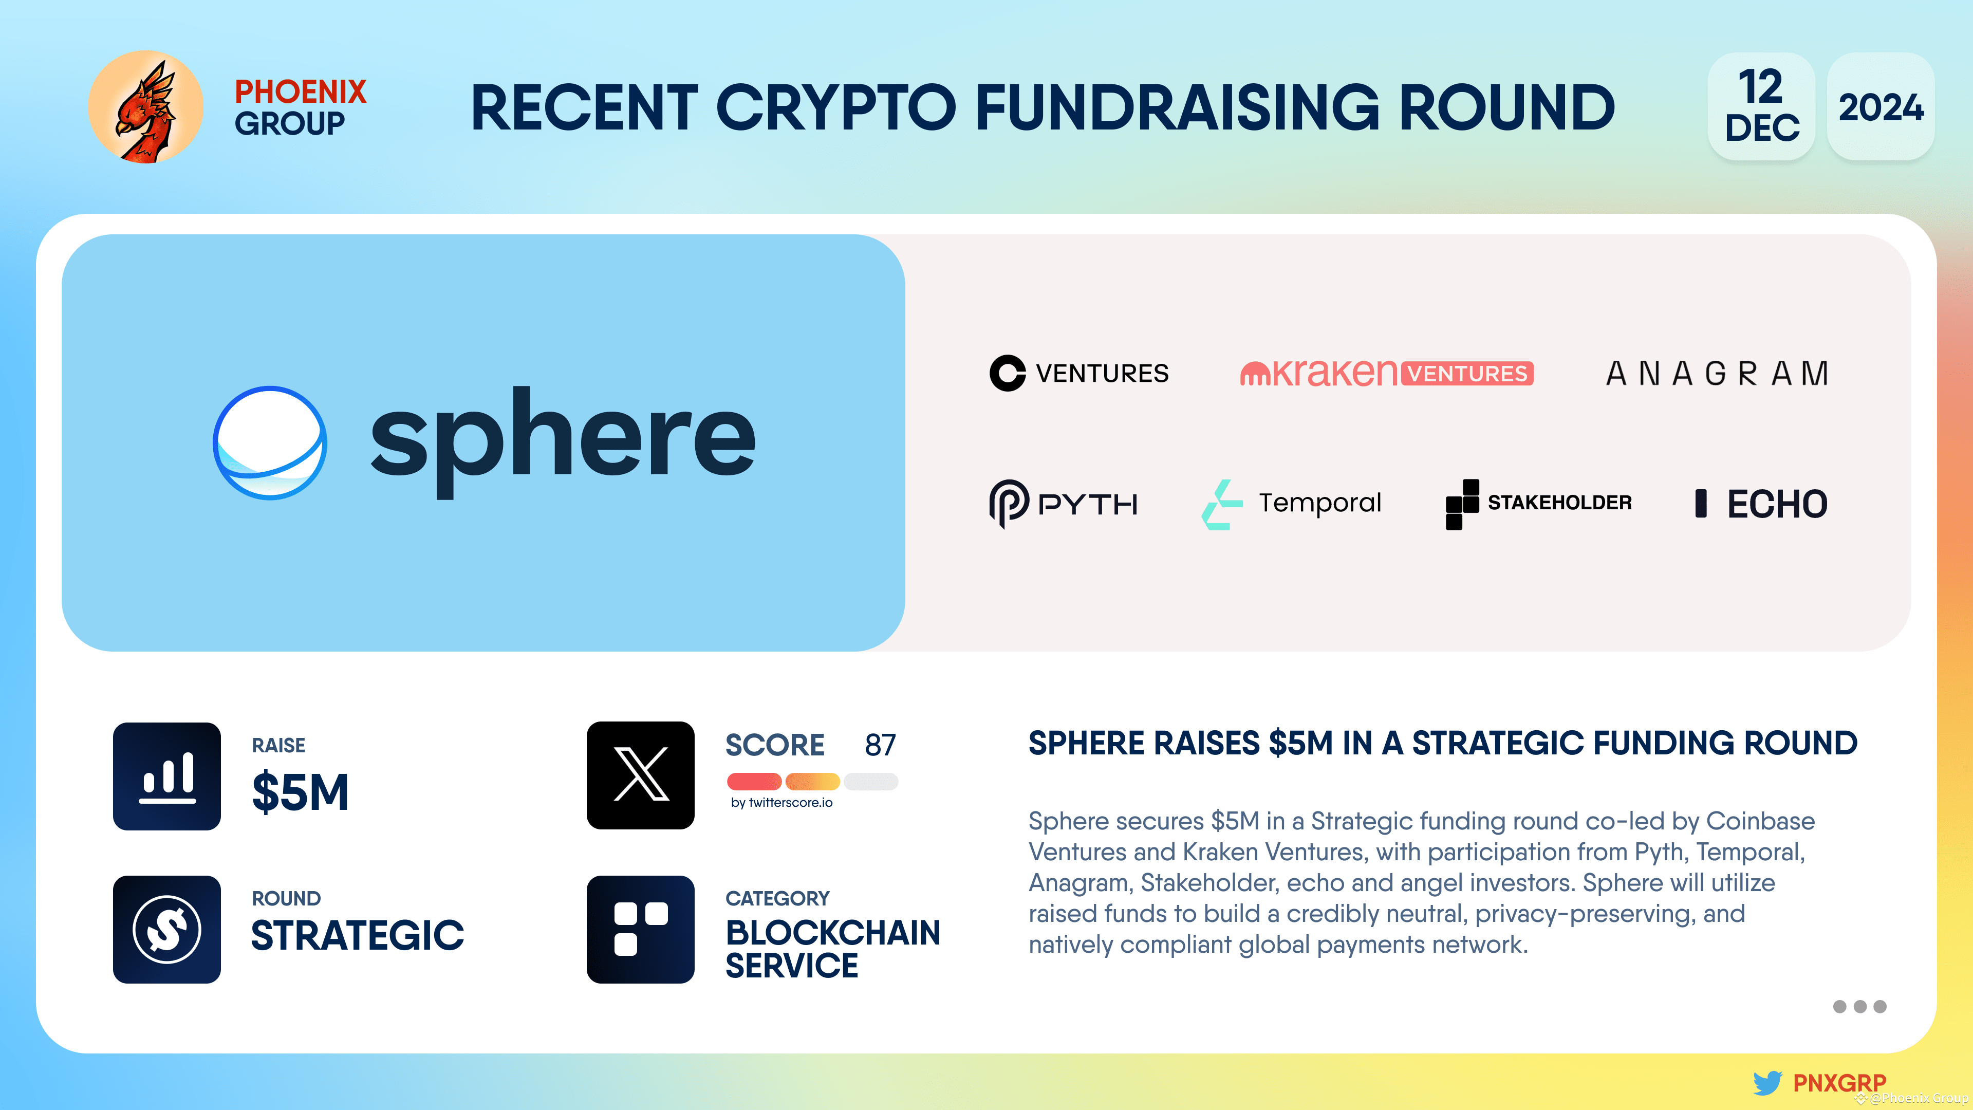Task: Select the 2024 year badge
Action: pyautogui.click(x=1881, y=106)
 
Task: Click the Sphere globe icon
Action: pyautogui.click(x=270, y=443)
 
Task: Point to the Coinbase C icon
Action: pyautogui.click(x=1007, y=373)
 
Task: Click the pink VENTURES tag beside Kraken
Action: pyautogui.click(x=1467, y=373)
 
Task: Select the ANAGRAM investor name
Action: pyautogui.click(x=1717, y=374)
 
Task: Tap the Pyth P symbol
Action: pyautogui.click(x=1009, y=503)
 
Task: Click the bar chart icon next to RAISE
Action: pyautogui.click(x=167, y=776)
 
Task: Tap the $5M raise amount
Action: pyautogui.click(x=300, y=792)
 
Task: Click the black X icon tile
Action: pyautogui.click(x=640, y=775)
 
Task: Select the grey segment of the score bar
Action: pyautogui.click(x=871, y=781)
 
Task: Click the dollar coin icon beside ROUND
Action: pyautogui.click(x=167, y=929)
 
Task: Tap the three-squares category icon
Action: pyautogui.click(x=640, y=929)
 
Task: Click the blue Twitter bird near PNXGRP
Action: pyautogui.click(x=1767, y=1082)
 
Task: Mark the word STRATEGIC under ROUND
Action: pyautogui.click(x=357, y=935)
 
